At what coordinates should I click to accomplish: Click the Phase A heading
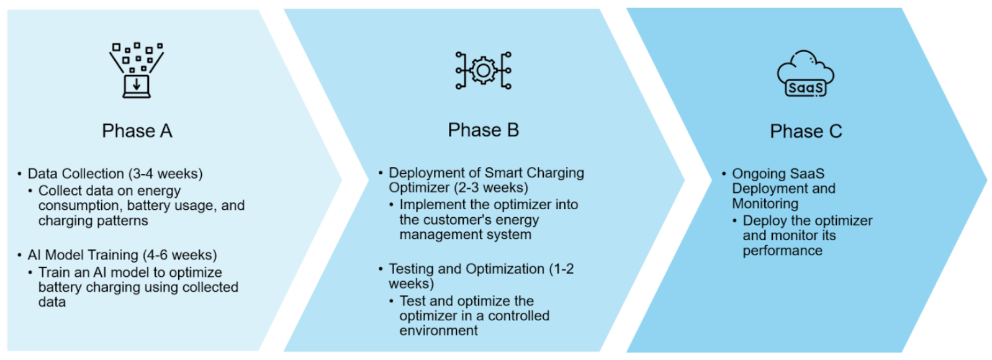pos(137,130)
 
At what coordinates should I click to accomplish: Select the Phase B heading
pos(483,130)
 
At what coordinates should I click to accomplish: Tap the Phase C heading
pos(806,131)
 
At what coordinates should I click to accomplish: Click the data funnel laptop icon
pos(137,70)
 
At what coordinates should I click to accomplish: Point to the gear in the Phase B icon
pos(483,70)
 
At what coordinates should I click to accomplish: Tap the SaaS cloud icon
pos(806,73)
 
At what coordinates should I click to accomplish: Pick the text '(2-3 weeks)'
pos(491,187)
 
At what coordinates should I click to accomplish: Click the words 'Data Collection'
pos(76,174)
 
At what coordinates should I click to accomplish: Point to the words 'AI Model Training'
pos(83,255)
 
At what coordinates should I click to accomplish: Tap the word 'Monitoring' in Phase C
pos(765,203)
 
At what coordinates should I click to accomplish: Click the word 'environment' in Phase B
pos(438,330)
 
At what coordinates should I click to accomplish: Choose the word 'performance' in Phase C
pos(783,251)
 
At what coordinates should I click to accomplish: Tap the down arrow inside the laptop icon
pos(137,83)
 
